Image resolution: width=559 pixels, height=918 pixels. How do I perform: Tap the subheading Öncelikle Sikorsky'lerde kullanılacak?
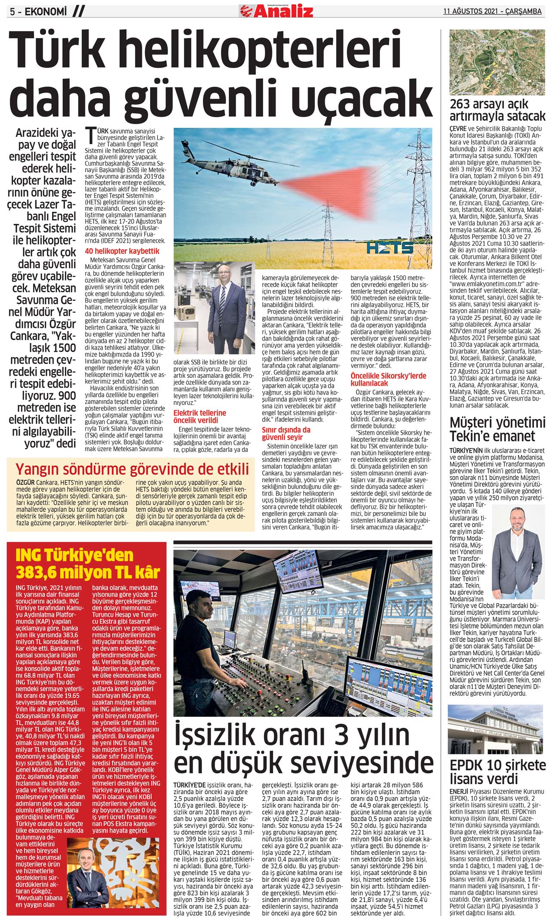pos(388,379)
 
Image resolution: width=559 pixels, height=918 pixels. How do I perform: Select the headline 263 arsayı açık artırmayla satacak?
pos(497,110)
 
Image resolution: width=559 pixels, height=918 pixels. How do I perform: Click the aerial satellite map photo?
pos(497,62)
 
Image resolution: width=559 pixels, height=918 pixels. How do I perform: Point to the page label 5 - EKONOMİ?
pos(39,12)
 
